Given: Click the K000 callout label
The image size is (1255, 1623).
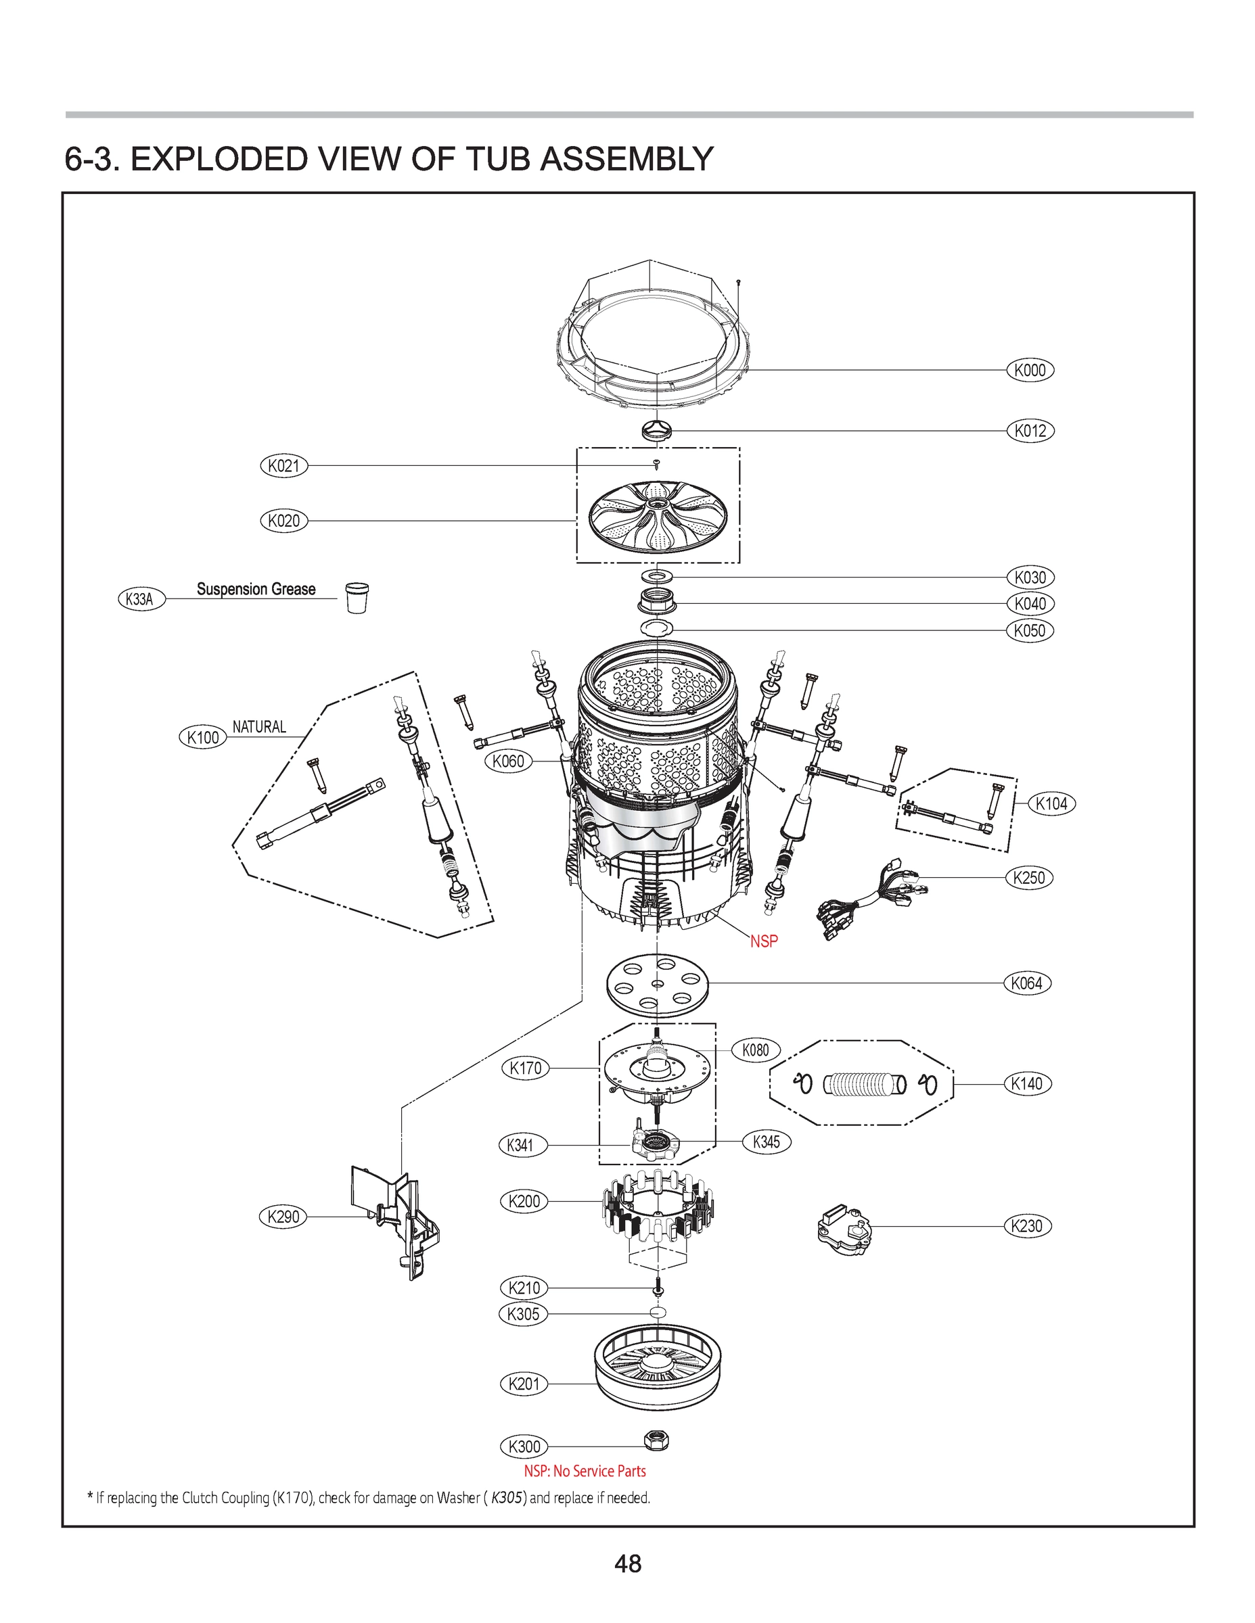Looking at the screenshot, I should point(1030,370).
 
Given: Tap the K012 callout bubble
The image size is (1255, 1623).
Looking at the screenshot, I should point(1030,430).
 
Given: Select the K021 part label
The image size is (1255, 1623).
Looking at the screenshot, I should point(283,466).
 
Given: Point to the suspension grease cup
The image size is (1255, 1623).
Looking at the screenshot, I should point(357,596).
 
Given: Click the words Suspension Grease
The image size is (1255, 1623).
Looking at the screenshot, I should point(256,588).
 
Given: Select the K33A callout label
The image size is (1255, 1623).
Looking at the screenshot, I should point(141,599).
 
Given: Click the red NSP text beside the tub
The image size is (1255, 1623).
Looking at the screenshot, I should point(764,941).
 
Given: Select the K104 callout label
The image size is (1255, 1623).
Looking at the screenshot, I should point(1051,803).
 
